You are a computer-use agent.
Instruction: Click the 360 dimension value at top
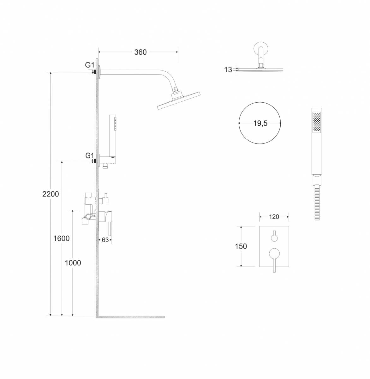(x=140, y=52)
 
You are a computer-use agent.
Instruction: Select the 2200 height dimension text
(x=51, y=194)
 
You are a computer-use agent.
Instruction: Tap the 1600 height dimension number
(x=62, y=238)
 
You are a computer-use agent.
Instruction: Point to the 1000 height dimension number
(x=73, y=263)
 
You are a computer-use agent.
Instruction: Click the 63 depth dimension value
(x=105, y=240)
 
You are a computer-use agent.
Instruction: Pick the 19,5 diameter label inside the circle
(x=260, y=123)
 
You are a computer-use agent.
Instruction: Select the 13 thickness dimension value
(x=228, y=69)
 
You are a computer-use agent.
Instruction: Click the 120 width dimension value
(x=274, y=217)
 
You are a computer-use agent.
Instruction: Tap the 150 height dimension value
(x=241, y=246)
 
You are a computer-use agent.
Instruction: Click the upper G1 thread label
(x=90, y=65)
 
